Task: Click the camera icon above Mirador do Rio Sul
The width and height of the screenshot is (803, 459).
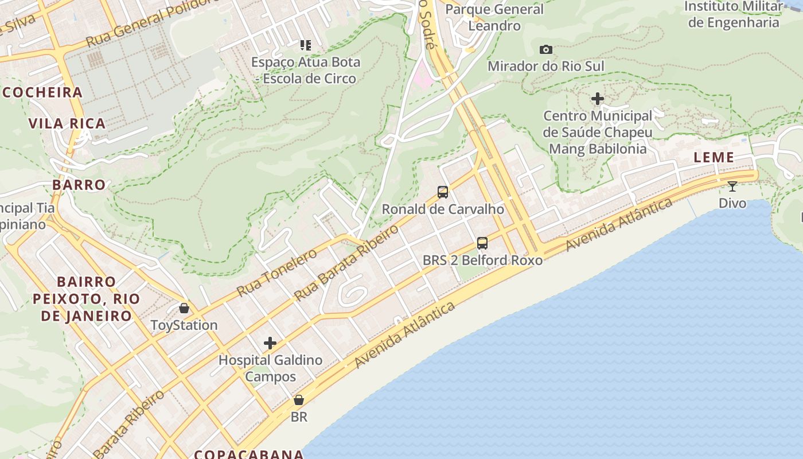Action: point(546,50)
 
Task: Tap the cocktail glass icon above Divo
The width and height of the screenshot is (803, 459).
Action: point(732,186)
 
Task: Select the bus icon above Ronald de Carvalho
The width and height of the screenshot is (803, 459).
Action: point(443,192)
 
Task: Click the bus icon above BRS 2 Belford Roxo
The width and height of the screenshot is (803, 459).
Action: point(482,243)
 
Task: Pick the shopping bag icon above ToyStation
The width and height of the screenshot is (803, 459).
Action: point(184,308)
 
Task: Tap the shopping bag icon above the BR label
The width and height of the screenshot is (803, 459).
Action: point(299,400)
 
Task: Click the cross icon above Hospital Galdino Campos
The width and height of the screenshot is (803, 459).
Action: point(270,344)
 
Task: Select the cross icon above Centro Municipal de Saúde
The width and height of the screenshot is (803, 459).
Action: point(598,99)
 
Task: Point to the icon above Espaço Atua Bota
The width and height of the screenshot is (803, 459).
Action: point(305,45)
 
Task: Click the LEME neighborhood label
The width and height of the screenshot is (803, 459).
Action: point(714,157)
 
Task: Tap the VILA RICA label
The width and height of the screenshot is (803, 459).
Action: point(67,123)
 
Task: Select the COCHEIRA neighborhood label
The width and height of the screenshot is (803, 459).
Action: point(43,92)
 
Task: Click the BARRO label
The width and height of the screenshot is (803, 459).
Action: point(79,184)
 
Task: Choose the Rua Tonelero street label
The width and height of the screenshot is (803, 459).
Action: point(276,272)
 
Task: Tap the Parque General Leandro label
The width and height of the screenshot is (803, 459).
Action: point(494,17)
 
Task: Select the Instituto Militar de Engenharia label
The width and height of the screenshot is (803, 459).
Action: point(734,14)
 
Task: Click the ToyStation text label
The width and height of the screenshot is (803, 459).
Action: point(184,325)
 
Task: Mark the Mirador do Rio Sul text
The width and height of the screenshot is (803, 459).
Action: point(546,66)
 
